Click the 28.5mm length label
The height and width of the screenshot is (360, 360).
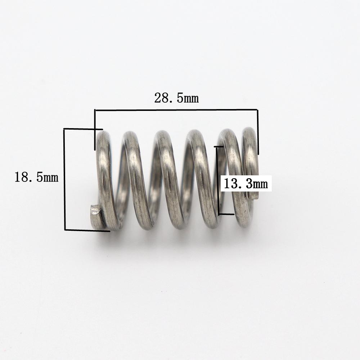coord(176,98)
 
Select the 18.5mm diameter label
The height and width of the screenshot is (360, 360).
coord(36,177)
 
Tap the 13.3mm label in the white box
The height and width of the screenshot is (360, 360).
coord(246,184)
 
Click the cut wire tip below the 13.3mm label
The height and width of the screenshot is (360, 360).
coord(254,196)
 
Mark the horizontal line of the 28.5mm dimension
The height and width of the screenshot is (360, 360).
coord(176,110)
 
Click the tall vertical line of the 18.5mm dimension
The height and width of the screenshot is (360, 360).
coord(65,179)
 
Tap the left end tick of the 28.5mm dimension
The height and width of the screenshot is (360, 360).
coord(95,130)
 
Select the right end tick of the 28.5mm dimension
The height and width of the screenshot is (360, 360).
coord(258,132)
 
